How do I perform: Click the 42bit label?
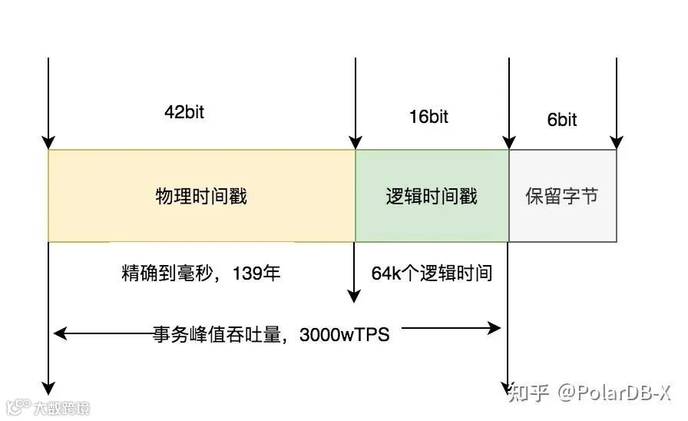click(x=184, y=111)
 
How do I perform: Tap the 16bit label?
click(x=428, y=117)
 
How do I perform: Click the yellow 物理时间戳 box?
click(x=201, y=196)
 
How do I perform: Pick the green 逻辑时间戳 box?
click(x=432, y=196)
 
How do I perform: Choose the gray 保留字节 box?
click(x=562, y=196)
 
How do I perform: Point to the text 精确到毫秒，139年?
click(x=201, y=273)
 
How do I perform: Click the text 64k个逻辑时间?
click(x=432, y=273)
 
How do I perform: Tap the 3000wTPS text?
click(x=345, y=334)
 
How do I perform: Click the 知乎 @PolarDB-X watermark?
click(x=590, y=393)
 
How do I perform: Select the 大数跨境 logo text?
click(x=61, y=407)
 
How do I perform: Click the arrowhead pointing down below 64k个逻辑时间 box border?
click(x=354, y=296)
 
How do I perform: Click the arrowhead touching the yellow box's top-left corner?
click(x=48, y=143)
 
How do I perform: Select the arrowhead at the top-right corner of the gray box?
click(x=616, y=143)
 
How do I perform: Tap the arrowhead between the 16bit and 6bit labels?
click(x=508, y=143)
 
